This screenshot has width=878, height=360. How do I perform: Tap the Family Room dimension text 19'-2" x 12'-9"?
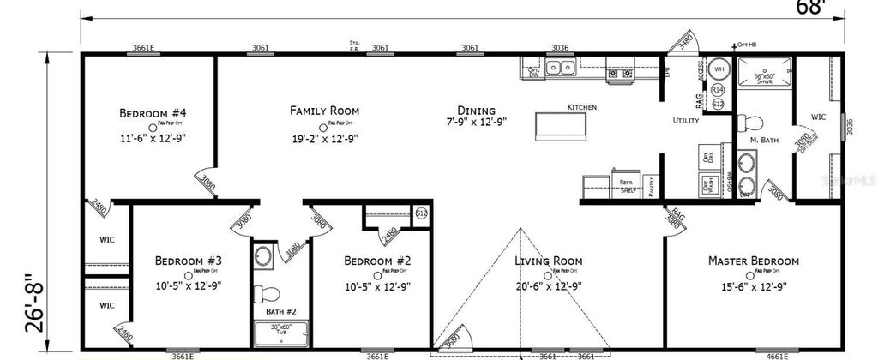324,138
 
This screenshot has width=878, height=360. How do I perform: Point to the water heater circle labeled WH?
719,69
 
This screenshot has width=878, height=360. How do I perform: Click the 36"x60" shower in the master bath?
764,75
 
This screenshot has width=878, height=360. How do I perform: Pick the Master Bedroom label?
753,261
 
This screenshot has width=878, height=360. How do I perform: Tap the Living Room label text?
548,261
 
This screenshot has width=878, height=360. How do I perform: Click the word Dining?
476,110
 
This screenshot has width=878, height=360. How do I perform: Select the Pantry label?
652,188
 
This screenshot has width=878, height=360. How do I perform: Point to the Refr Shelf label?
628,188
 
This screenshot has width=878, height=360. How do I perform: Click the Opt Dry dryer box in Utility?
707,158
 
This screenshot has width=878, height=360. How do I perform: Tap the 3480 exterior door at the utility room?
685,39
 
